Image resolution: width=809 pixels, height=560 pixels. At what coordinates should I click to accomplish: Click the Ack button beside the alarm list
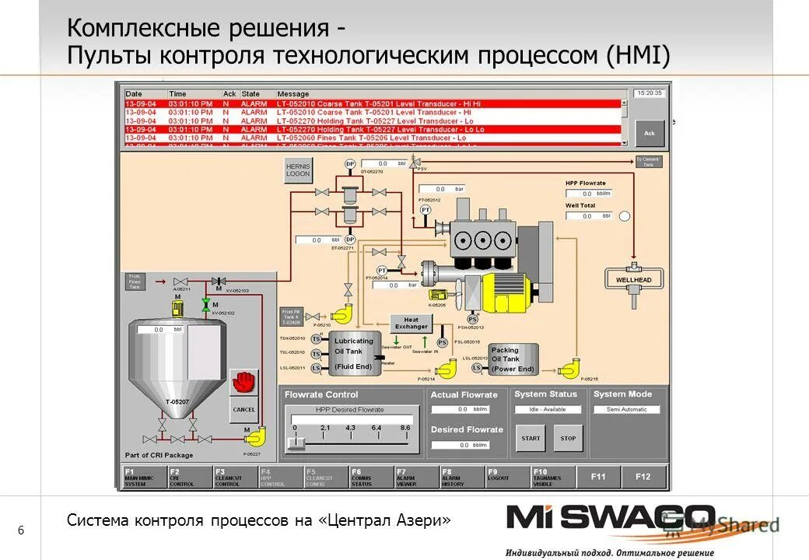pyautogui.click(x=649, y=132)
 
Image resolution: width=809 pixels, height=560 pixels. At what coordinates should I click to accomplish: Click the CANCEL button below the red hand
pyautogui.click(x=243, y=409)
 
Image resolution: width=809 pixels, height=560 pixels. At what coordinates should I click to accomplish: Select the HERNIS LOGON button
pyautogui.click(x=298, y=170)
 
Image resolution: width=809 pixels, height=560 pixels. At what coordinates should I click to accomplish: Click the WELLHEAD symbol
pyautogui.click(x=634, y=279)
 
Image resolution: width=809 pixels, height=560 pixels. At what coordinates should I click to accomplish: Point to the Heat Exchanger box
pyautogui.click(x=411, y=323)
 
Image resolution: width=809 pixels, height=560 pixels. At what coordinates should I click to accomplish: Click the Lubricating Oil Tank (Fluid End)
pyautogui.click(x=354, y=354)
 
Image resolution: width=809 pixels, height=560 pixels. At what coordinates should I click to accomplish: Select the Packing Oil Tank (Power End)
pyautogui.click(x=513, y=359)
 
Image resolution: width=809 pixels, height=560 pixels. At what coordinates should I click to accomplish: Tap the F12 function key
pyautogui.click(x=643, y=477)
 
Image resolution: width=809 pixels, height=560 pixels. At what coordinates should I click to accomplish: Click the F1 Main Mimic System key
pyautogui.click(x=145, y=477)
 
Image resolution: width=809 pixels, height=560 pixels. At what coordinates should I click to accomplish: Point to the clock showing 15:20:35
pyautogui.click(x=649, y=93)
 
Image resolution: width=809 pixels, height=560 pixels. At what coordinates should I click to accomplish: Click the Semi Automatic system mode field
pyautogui.click(x=626, y=409)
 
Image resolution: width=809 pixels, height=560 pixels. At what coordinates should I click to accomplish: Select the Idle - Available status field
pyautogui.click(x=548, y=409)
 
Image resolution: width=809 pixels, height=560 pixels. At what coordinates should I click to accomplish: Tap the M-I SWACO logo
pyautogui.click(x=611, y=519)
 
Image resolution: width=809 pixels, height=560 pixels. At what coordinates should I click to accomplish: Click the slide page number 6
pyautogui.click(x=21, y=530)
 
